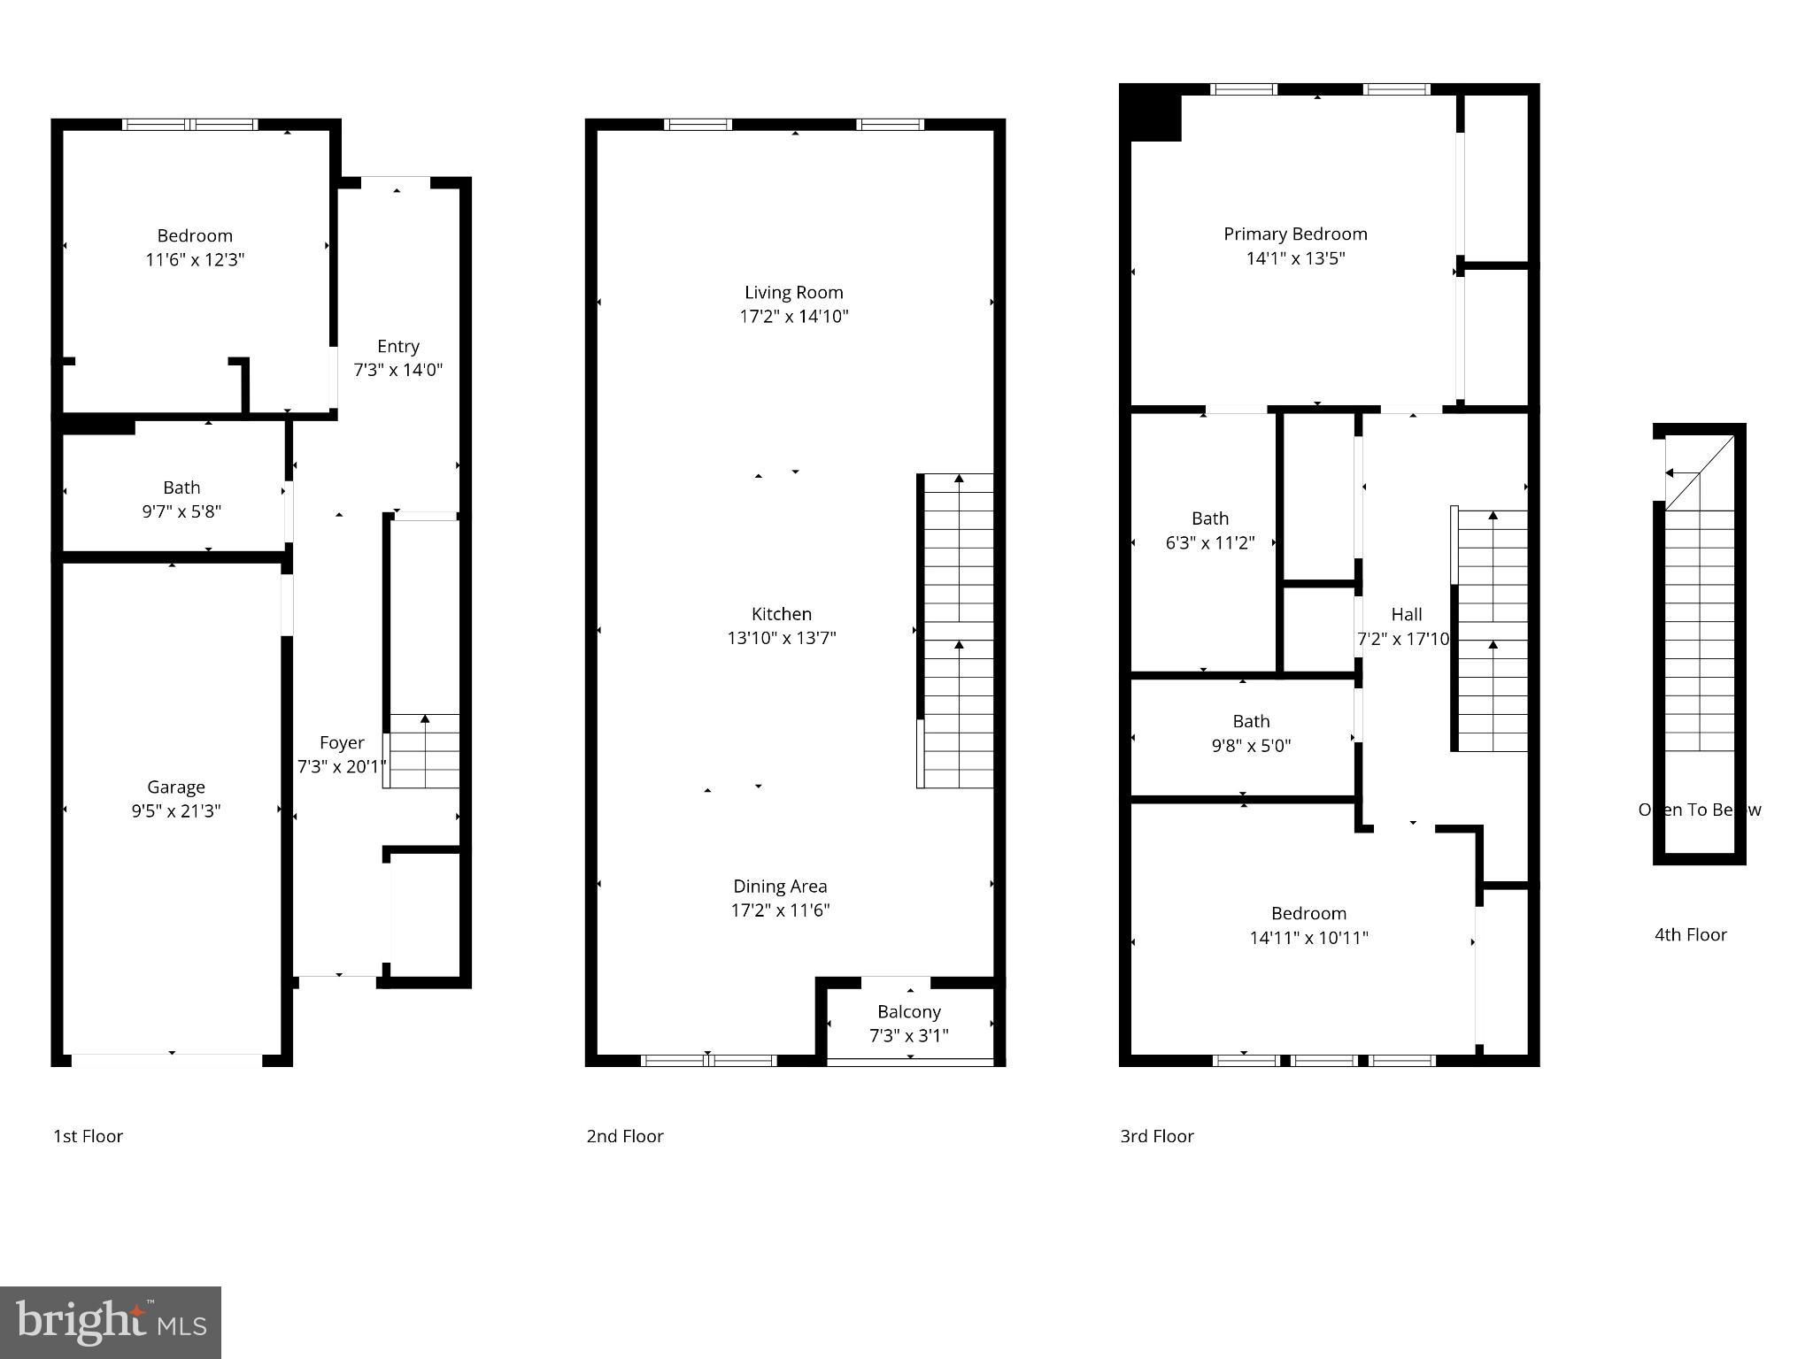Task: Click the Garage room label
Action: pos(176,787)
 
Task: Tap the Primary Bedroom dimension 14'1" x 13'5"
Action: pos(1295,258)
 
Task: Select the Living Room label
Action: pos(793,292)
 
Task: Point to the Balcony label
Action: pos(908,1011)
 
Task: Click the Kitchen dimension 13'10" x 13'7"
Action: pos(782,638)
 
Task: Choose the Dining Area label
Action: pos(780,886)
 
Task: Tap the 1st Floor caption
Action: pos(88,1136)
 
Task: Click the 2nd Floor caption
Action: pos(624,1136)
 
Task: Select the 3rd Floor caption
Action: pos(1156,1136)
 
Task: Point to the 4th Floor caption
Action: pos(1690,934)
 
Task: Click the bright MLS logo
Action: pos(111,1322)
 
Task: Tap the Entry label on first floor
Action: pos(397,346)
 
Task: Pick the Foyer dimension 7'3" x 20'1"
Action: pos(342,767)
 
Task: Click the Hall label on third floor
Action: pos(1406,614)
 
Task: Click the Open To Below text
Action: pos(1699,810)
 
